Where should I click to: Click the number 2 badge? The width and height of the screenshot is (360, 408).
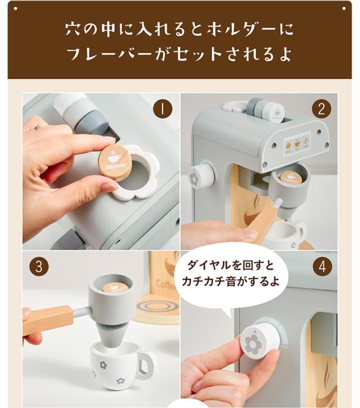click(x=321, y=108)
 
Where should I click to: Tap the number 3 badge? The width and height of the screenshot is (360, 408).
click(x=38, y=266)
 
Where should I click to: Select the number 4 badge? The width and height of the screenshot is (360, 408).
click(x=321, y=266)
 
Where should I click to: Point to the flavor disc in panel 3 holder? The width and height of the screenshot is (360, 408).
click(x=115, y=288)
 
